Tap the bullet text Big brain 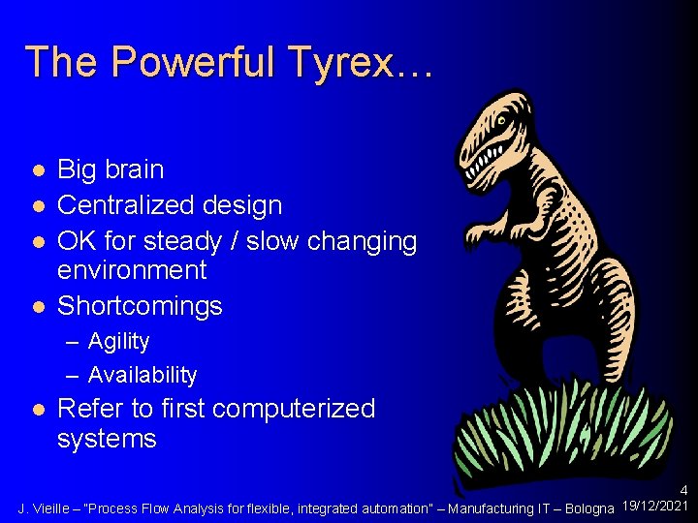coord(111,169)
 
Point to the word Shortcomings coord(140,306)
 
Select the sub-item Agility coord(118,341)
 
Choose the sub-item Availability coord(143,375)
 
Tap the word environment coord(132,270)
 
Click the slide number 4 coord(684,491)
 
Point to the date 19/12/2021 coord(656,507)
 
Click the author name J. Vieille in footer coord(48,508)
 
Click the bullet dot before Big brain coord(37,170)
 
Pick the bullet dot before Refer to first coord(37,410)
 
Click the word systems coord(107,439)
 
